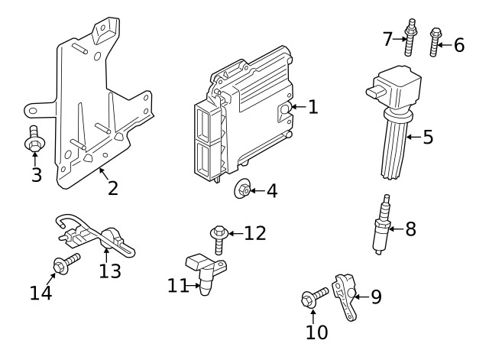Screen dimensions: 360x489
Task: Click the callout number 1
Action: [313, 107]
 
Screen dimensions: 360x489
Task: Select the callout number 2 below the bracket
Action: [112, 187]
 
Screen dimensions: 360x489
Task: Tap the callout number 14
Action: [41, 292]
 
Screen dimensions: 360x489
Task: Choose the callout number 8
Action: [410, 229]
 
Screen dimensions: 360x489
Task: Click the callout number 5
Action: [428, 138]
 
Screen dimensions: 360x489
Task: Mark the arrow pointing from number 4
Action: [257, 189]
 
